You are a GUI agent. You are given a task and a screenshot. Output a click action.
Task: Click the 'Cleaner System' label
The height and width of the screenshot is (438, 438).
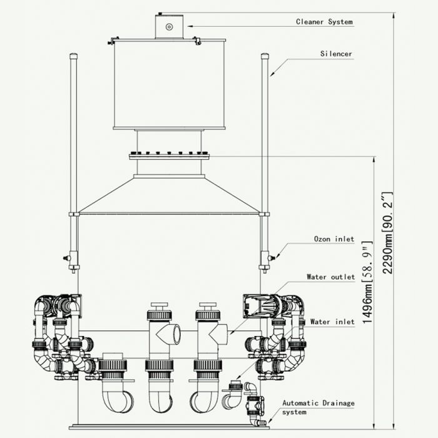pyautogui.click(x=324, y=22)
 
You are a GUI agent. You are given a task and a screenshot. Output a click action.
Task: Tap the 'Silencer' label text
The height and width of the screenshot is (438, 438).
pyautogui.click(x=336, y=54)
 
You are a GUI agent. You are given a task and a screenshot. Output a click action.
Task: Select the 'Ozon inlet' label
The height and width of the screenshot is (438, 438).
pyautogui.click(x=334, y=239)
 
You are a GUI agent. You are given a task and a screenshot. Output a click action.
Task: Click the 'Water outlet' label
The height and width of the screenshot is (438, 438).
pyautogui.click(x=330, y=277)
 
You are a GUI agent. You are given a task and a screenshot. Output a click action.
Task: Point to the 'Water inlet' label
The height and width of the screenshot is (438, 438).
pyautogui.click(x=332, y=322)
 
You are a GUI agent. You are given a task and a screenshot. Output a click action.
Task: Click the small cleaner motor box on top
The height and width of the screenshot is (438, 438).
pyautogui.click(x=169, y=26)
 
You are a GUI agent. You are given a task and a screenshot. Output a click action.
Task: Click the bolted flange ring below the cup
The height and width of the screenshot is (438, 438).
pyautogui.click(x=168, y=155)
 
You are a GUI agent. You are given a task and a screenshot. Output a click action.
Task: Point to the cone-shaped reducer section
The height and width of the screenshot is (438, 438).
pyautogui.click(x=168, y=195)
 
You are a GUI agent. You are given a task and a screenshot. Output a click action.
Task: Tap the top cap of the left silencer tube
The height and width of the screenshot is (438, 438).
pyautogui.click(x=73, y=56)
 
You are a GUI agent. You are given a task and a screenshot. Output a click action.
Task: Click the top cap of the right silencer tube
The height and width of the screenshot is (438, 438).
pyautogui.click(x=265, y=56)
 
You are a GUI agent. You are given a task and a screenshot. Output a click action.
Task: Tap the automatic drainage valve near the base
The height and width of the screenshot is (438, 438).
pyautogui.click(x=255, y=406)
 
